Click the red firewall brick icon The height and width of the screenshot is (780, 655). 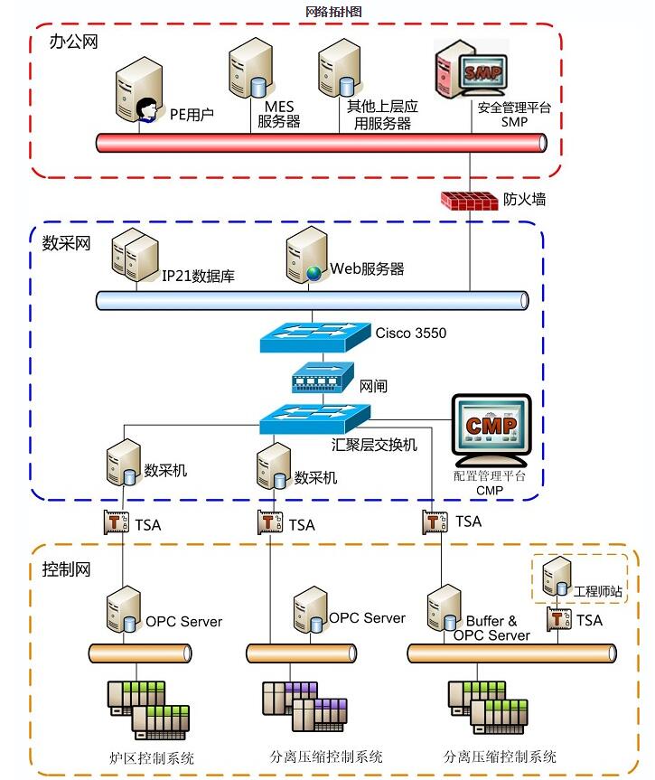(469, 201)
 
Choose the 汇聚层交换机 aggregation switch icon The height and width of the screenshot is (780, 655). (314, 418)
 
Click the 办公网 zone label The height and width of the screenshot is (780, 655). (68, 42)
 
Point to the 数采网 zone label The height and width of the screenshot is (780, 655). (67, 242)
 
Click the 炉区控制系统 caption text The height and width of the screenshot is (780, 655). (158, 757)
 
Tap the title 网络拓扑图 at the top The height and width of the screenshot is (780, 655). (332, 11)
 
